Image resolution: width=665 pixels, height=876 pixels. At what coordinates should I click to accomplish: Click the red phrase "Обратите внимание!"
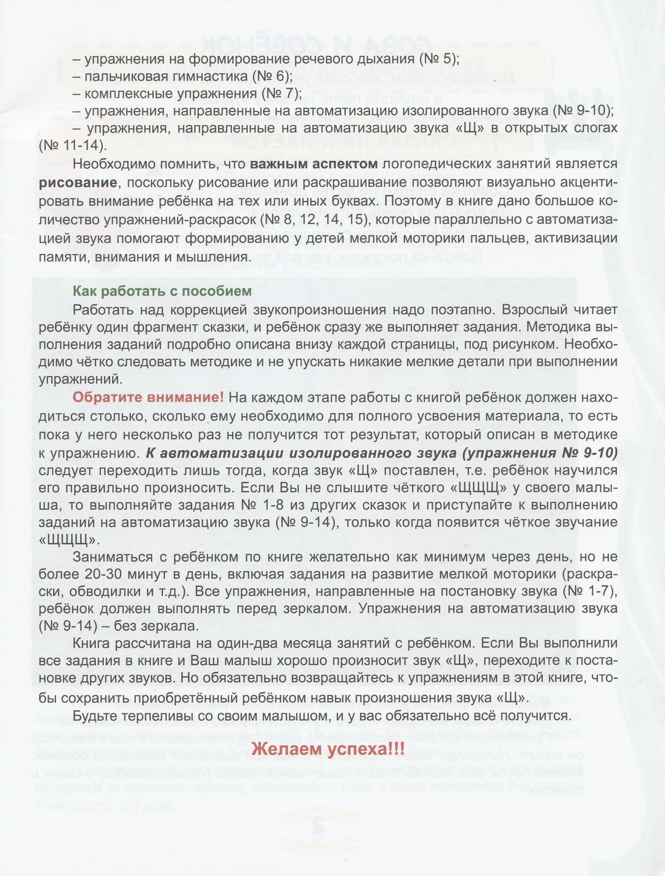coord(148,398)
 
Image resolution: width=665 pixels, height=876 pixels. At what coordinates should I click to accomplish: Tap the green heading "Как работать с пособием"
coord(162,292)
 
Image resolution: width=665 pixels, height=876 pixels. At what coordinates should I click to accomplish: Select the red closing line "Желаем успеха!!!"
coord(329,750)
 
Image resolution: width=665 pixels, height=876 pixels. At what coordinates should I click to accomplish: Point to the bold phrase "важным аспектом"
coord(314,164)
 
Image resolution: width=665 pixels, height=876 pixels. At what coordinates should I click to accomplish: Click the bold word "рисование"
coord(78,182)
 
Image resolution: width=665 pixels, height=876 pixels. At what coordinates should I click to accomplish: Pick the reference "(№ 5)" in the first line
coord(439,59)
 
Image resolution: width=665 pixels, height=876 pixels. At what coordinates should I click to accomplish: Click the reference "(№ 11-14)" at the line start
coord(71,146)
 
